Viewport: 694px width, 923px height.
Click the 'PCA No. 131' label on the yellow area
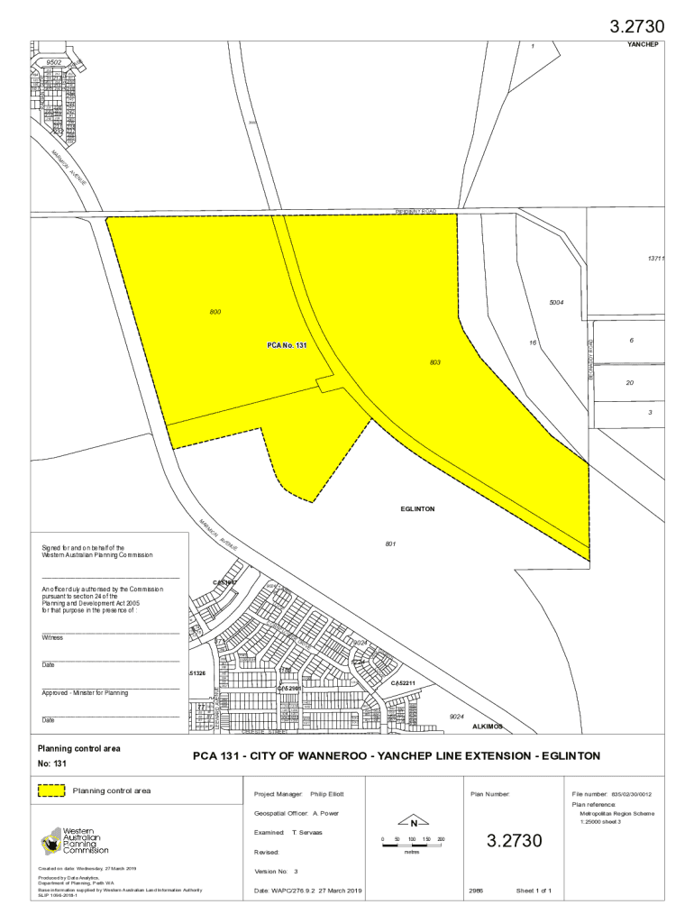288,345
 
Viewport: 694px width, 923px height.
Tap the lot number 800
215,312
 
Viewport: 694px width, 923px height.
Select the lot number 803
435,362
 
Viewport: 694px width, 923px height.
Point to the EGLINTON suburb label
417,509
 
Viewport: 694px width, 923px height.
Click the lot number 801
390,544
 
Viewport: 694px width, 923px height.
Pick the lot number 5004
556,303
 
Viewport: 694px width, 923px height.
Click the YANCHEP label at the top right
644,45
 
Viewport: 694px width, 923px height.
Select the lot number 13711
655,259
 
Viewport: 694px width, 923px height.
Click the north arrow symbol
413,822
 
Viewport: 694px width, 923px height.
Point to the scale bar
412,845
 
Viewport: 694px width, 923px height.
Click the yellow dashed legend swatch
51,790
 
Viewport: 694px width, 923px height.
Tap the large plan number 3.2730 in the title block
516,841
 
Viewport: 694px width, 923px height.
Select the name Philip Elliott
326,794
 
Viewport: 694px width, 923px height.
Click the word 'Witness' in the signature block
52,637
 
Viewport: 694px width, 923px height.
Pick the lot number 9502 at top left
54,63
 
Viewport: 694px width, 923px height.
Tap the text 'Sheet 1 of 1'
534,891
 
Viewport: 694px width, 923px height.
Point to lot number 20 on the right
630,382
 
